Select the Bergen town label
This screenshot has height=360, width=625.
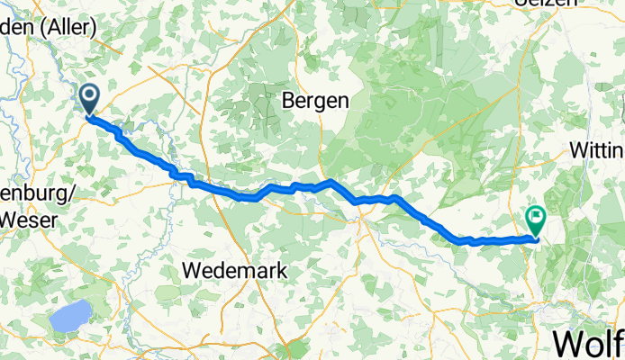point(315,101)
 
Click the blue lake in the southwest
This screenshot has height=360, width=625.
point(70,316)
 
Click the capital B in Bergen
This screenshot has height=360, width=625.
point(289,101)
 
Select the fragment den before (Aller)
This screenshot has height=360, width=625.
point(16,29)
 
